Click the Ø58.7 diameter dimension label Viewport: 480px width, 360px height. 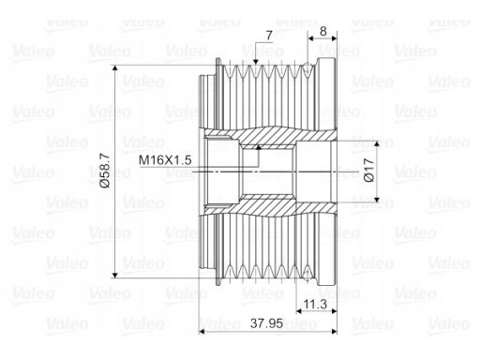(x=106, y=172)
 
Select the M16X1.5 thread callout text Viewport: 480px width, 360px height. (x=165, y=160)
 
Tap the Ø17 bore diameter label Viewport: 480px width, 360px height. (x=369, y=171)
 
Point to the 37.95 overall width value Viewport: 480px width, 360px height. (x=266, y=323)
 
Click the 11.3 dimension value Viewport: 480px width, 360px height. (x=315, y=304)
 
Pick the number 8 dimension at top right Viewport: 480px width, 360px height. (x=323, y=31)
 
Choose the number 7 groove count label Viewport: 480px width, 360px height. (x=269, y=36)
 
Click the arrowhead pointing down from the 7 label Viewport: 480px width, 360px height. (x=256, y=61)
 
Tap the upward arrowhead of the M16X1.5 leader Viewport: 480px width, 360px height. (x=259, y=148)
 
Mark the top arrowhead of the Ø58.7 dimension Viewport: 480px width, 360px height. (x=115, y=68)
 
